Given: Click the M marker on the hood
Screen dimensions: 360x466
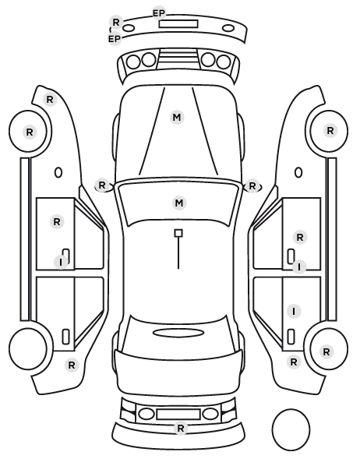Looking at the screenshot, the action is click(x=177, y=117).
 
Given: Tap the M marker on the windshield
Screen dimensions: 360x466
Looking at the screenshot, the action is click(x=179, y=203).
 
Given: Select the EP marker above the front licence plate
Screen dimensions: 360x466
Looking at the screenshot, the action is click(x=159, y=13).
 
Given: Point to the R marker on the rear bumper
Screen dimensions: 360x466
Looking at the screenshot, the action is click(x=181, y=429).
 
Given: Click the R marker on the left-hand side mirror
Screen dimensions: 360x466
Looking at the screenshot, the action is click(x=102, y=185).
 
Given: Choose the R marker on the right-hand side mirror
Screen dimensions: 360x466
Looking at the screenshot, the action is click(x=252, y=186).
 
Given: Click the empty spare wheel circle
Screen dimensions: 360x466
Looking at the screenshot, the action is click(x=291, y=429).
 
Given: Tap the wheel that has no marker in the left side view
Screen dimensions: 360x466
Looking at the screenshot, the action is click(x=28, y=348).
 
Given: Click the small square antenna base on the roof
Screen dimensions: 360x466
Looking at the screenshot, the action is click(x=178, y=233).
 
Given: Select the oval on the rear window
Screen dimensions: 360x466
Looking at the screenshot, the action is click(x=178, y=333).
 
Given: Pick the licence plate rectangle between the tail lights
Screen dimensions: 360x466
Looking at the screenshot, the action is click(x=178, y=415).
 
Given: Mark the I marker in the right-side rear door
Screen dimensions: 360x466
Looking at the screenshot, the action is click(x=294, y=312).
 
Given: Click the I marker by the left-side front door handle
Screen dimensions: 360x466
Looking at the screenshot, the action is click(x=61, y=263).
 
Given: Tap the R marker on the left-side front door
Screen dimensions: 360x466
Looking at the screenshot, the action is click(x=57, y=221).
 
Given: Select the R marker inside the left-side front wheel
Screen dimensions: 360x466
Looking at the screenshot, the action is click(x=30, y=132).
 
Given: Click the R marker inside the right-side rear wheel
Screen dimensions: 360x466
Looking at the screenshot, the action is click(x=326, y=352).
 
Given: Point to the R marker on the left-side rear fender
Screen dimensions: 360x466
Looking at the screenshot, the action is click(x=72, y=365).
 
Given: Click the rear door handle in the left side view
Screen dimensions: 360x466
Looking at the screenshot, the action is click(x=65, y=337).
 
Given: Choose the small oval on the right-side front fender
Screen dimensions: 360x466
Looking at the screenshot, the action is click(x=298, y=173).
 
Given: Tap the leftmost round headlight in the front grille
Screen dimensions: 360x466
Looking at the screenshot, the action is click(x=133, y=62).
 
